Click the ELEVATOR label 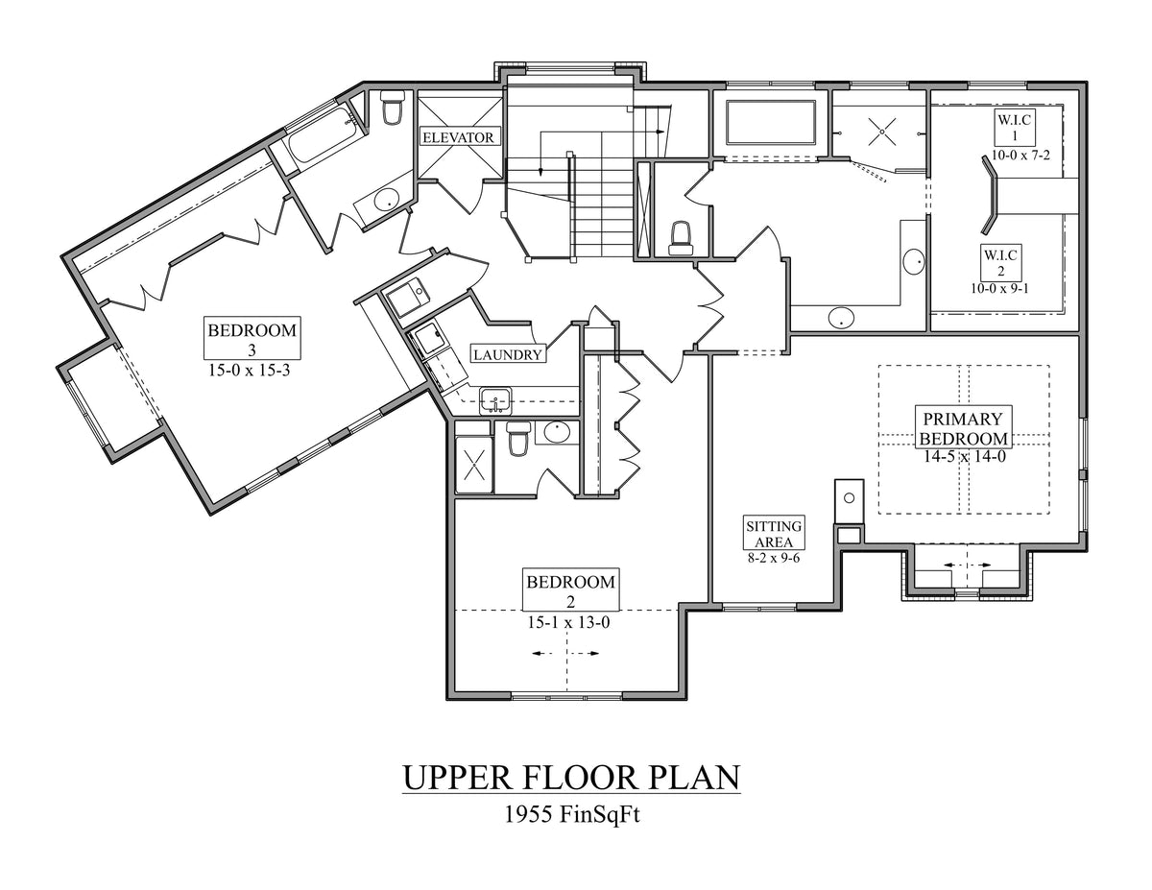coord(459,137)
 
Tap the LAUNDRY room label coord(508,354)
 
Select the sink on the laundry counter coord(495,399)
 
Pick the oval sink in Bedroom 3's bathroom coord(386,201)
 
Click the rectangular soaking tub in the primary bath coord(771,122)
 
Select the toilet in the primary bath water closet coord(681,236)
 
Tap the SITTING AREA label coord(774,534)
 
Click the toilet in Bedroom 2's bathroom coord(518,438)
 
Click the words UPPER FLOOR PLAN coord(571,777)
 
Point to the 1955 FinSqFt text coord(571,815)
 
